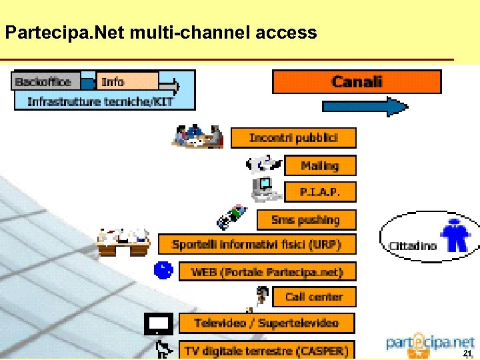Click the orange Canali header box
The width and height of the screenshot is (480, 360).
[x=357, y=82]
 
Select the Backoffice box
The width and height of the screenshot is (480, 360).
[x=43, y=82]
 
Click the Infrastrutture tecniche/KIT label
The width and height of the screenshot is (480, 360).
[x=100, y=101]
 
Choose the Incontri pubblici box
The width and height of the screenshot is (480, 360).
[x=293, y=138]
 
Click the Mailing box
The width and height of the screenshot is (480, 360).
[x=320, y=165]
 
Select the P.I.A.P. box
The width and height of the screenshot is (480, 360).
[x=320, y=192]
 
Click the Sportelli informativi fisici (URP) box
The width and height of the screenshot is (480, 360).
[x=257, y=244]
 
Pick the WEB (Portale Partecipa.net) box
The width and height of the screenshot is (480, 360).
[x=267, y=271]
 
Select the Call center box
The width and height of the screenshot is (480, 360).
[x=313, y=297]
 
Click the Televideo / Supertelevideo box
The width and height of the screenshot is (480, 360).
[x=267, y=323]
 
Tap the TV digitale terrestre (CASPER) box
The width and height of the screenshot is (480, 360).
[x=267, y=350]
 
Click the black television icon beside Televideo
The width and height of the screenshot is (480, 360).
[x=159, y=324]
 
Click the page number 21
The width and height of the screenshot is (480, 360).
[x=467, y=353]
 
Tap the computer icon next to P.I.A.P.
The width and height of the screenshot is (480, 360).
[x=265, y=188]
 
